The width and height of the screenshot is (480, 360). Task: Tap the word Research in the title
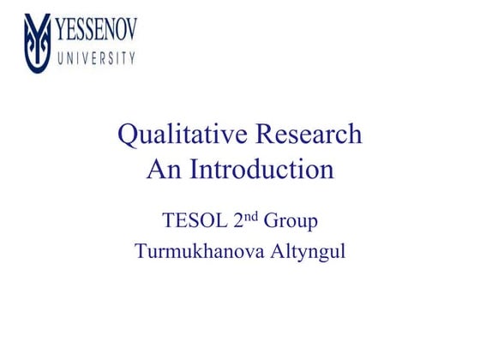309,135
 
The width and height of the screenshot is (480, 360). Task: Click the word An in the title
162,170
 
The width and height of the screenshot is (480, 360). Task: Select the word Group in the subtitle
291,222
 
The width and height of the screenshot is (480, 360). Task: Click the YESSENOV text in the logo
96,33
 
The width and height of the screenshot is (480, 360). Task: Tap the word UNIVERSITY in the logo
96,59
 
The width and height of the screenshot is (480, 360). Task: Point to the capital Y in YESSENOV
63,33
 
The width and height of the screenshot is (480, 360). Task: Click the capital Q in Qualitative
127,136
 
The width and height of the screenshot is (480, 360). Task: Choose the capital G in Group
271,221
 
